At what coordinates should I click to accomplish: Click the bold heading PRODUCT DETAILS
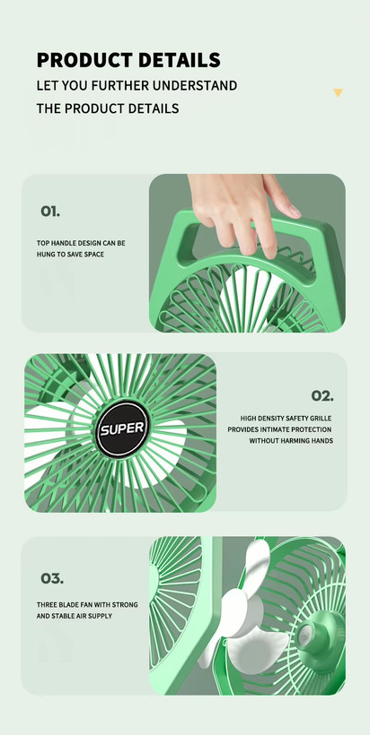(x=128, y=60)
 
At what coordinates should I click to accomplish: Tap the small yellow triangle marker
(x=338, y=92)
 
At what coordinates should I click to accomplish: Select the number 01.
(x=50, y=212)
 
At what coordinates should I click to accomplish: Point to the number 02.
(x=322, y=395)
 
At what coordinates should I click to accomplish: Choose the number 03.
(x=52, y=578)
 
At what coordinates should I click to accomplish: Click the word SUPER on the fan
(x=123, y=429)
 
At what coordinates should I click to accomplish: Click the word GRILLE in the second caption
(x=321, y=418)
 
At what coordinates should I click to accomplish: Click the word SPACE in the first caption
(x=94, y=255)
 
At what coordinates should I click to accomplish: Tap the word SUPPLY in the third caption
(x=101, y=616)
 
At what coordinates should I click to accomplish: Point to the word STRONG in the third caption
(x=127, y=605)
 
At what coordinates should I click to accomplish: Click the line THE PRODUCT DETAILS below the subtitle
(x=108, y=108)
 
